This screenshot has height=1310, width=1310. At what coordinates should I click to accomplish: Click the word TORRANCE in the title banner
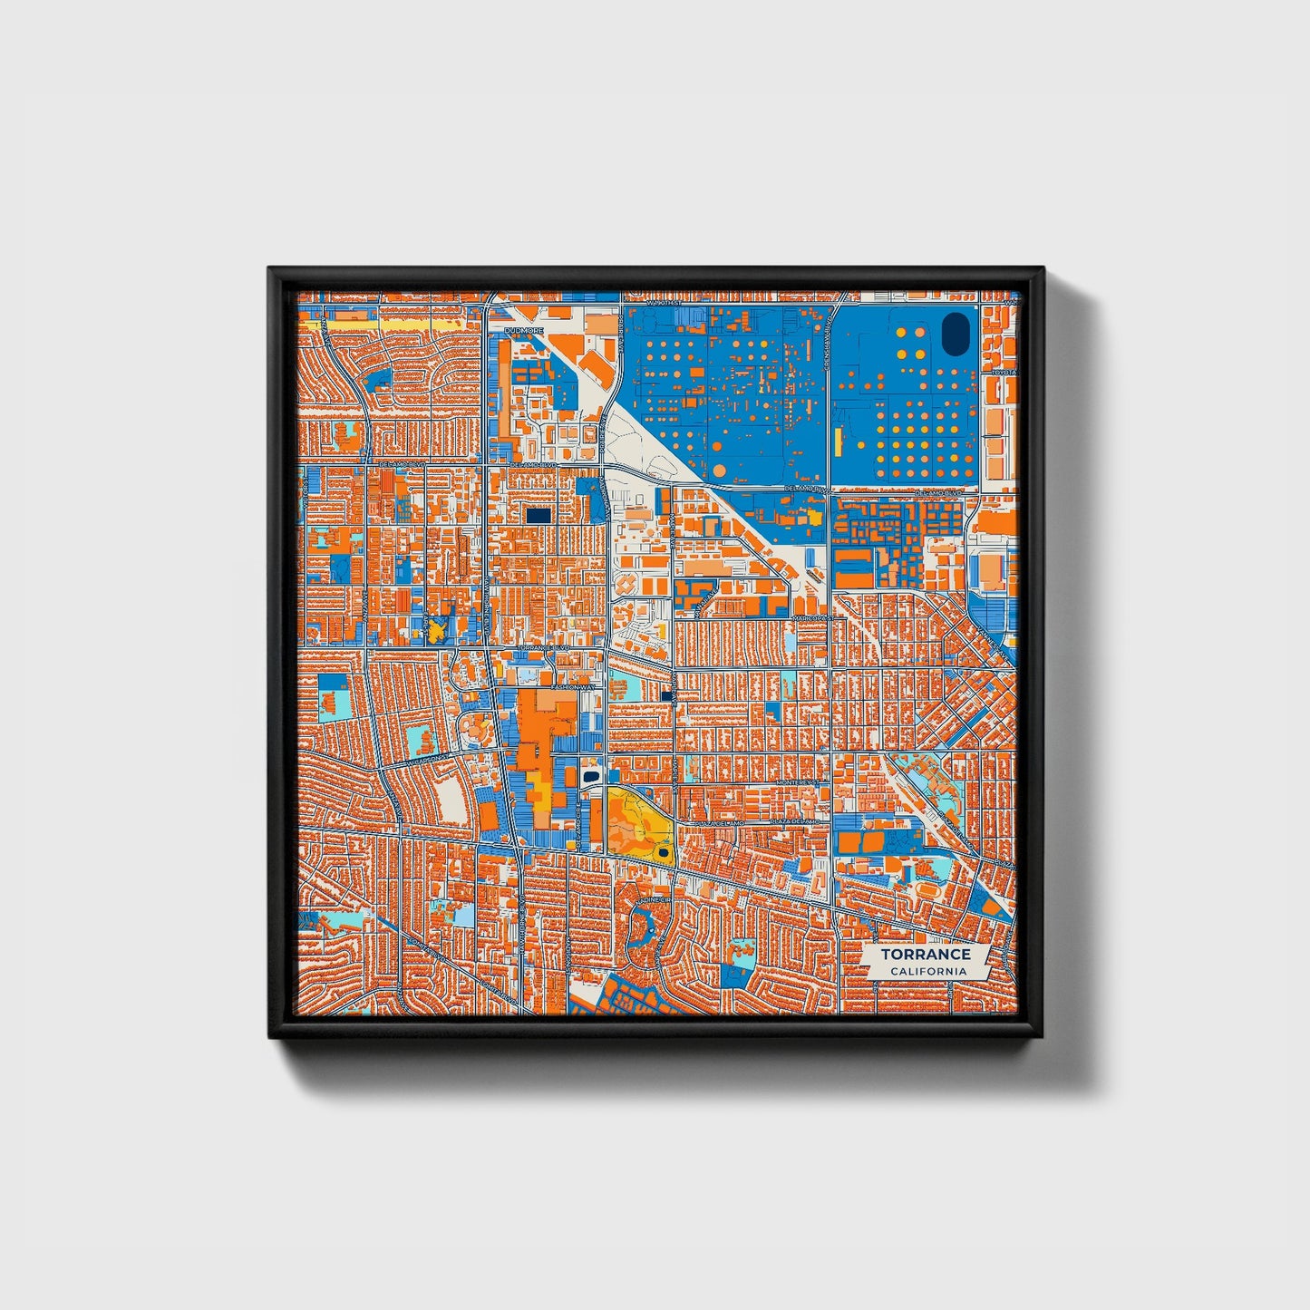click(925, 954)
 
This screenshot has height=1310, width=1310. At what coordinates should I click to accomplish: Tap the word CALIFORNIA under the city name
click(927, 972)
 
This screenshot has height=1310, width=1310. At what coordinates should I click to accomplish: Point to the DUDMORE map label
click(524, 332)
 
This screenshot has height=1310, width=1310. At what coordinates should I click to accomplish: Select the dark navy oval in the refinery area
click(955, 334)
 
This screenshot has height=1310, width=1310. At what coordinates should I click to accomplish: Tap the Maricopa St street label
click(811, 617)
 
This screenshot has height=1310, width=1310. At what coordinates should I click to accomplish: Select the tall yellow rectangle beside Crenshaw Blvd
click(838, 442)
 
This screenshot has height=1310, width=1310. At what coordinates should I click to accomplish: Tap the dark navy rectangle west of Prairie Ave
click(538, 515)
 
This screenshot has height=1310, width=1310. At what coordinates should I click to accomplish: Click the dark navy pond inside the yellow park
click(665, 851)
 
